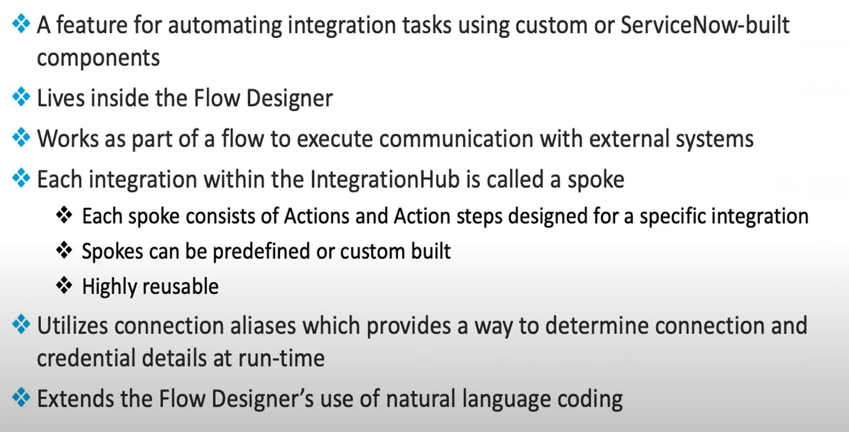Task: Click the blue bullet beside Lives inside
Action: click(21, 98)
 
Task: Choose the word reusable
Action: click(181, 286)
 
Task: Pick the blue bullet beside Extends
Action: click(21, 398)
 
